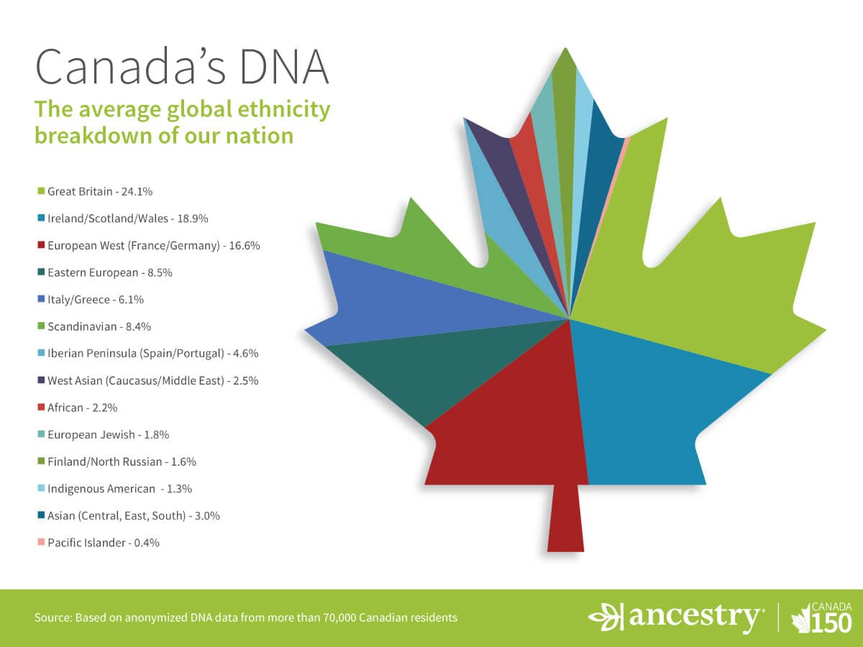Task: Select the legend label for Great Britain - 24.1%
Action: pyautogui.click(x=100, y=192)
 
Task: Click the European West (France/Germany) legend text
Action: pyautogui.click(x=153, y=246)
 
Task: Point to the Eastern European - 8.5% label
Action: pyautogui.click(x=110, y=272)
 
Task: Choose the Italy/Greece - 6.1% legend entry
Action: pyautogui.click(x=100, y=300)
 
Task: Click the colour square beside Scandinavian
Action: pyautogui.click(x=41, y=326)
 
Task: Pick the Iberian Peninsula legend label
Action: pyautogui.click(x=152, y=354)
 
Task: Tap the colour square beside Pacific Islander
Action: pyautogui.click(x=41, y=543)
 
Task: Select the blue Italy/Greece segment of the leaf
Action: pyautogui.click(x=403, y=302)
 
